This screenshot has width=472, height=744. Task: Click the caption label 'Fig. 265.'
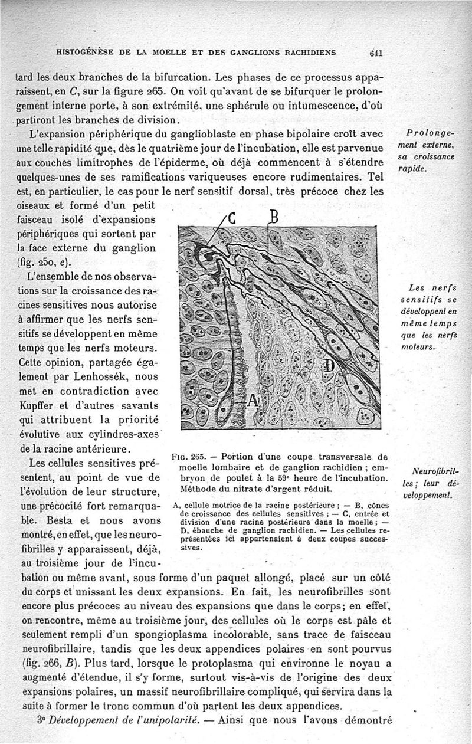[187, 456]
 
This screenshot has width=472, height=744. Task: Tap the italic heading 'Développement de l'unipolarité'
[128, 720]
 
